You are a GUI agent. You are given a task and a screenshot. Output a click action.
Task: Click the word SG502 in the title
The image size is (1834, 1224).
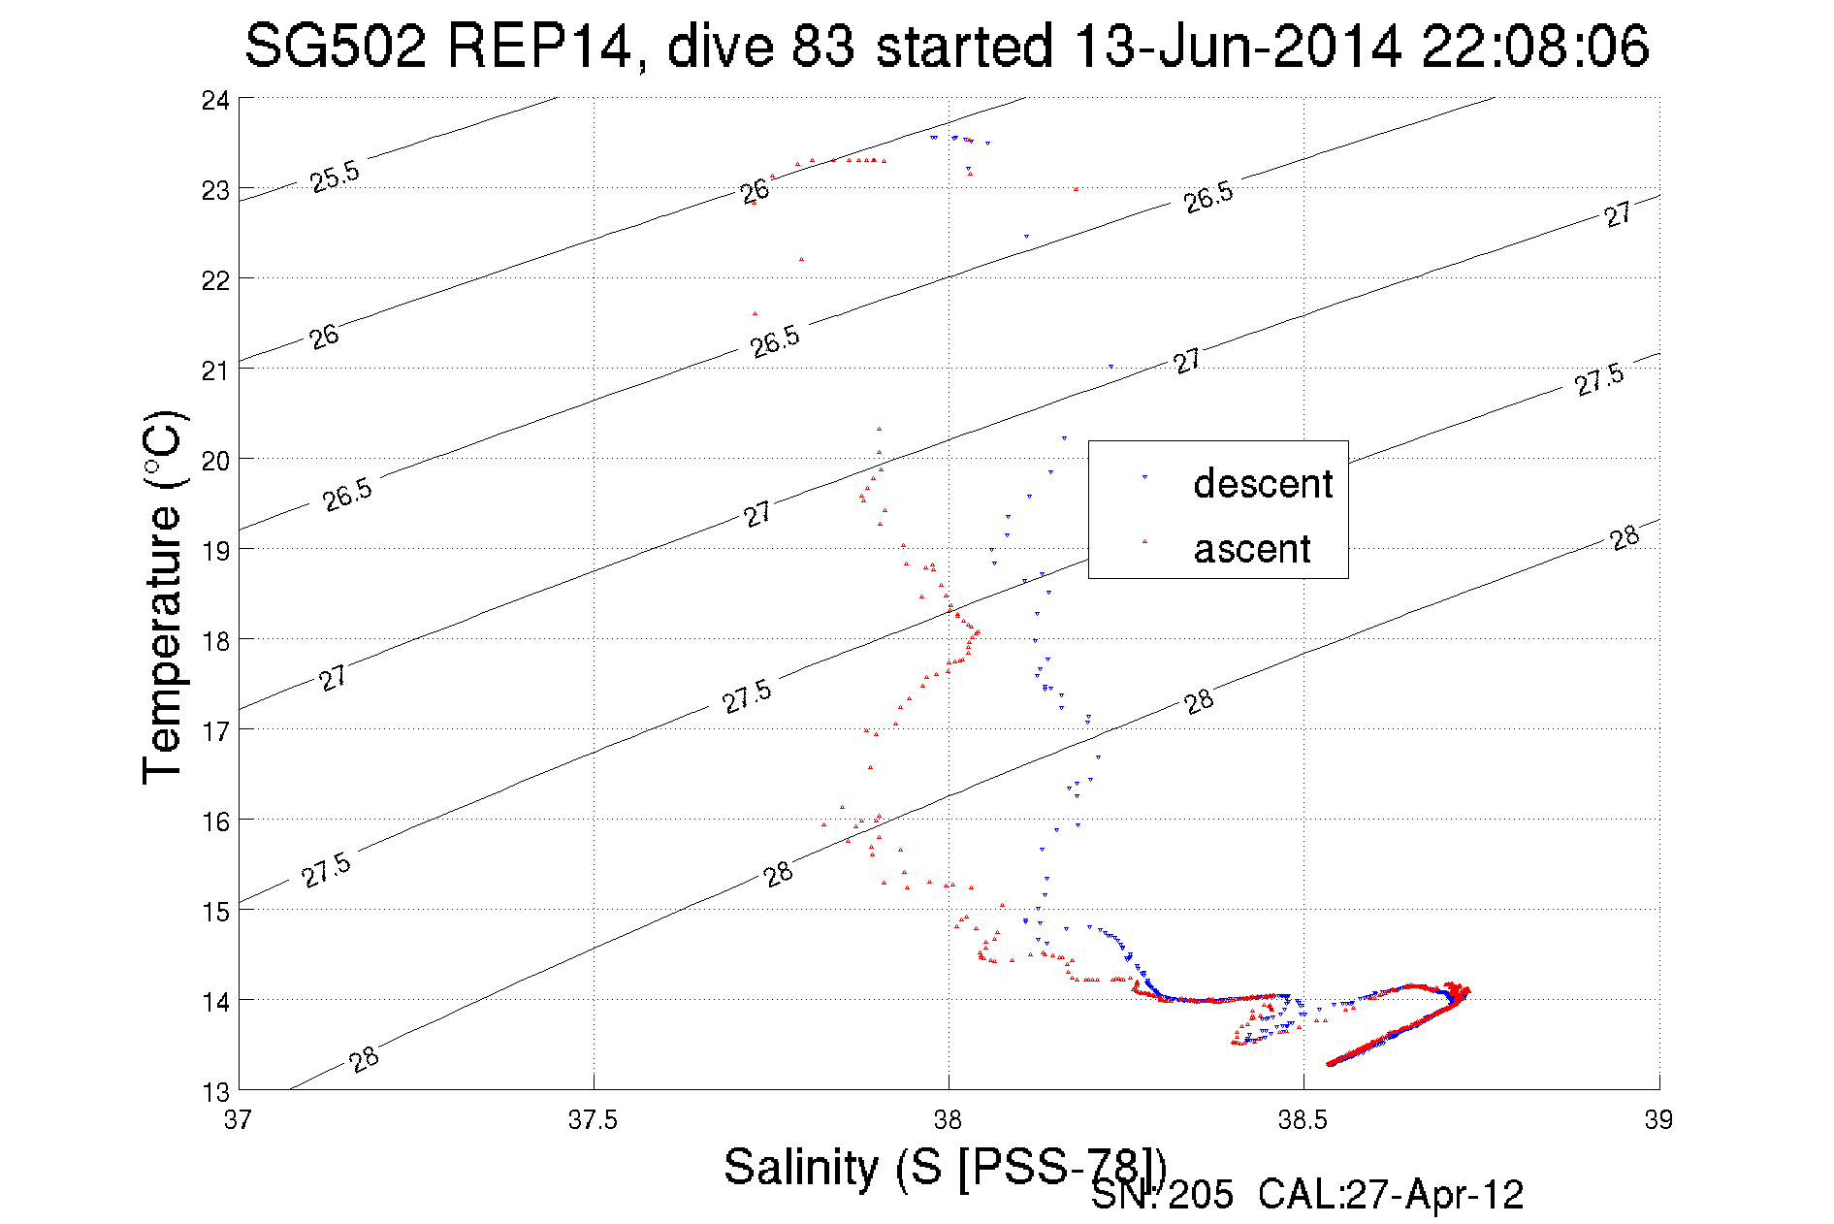[x=335, y=46]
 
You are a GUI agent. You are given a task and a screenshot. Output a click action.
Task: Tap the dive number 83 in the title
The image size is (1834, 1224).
[x=822, y=46]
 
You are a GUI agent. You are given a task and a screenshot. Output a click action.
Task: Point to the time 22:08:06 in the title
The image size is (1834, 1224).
[x=1535, y=46]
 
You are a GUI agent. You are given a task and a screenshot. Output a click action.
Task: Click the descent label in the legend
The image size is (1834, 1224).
[x=1263, y=483]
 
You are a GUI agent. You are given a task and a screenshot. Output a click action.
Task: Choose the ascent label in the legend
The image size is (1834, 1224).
[x=1252, y=549]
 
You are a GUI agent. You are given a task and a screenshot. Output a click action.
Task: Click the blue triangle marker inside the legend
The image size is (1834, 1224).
[x=1144, y=477]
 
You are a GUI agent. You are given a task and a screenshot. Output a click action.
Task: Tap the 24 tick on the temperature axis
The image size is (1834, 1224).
[x=215, y=100]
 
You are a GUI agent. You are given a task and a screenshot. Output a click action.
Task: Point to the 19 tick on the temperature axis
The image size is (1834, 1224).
[x=215, y=550]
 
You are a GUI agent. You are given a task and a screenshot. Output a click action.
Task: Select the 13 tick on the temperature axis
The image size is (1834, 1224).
[x=215, y=1092]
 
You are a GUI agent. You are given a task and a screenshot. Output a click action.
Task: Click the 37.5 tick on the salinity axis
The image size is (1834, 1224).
[x=593, y=1120]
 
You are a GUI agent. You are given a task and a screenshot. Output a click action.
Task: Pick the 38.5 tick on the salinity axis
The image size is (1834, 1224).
[x=1303, y=1120]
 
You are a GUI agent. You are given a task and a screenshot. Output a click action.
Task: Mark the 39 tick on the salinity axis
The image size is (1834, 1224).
[x=1658, y=1120]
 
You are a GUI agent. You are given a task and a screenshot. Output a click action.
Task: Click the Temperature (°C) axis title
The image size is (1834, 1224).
[x=163, y=596]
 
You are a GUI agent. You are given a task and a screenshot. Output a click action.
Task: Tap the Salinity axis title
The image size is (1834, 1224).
[x=946, y=1166]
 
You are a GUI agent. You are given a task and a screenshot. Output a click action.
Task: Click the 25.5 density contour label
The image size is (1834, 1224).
[x=335, y=177]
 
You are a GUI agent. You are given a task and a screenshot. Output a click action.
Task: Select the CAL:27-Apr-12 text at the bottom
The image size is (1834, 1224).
[x=1391, y=1195]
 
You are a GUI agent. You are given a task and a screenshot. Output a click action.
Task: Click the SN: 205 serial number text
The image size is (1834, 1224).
[x=1162, y=1195]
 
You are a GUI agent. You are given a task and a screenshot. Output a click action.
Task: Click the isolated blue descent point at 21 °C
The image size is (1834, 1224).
[x=1110, y=367]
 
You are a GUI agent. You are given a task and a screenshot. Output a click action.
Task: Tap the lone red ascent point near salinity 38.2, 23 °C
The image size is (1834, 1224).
[x=1076, y=189]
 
